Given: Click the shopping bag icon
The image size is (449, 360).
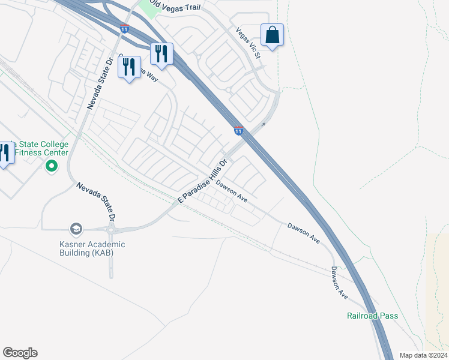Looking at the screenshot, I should click(272, 35).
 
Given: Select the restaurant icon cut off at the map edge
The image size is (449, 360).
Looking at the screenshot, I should click(5, 154).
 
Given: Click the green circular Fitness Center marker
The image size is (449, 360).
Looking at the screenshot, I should click(52, 166).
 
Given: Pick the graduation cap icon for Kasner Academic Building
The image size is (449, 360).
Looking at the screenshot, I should click(76, 229).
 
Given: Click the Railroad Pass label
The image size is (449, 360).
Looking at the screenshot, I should click(372, 316).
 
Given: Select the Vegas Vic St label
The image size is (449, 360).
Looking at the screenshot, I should click(249, 44).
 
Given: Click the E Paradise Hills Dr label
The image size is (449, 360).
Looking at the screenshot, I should click(204, 181).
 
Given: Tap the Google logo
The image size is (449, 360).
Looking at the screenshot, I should click(20, 353).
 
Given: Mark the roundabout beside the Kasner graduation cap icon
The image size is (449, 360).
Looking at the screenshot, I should click(110, 229).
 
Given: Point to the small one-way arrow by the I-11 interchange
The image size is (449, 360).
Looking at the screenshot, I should click(262, 125).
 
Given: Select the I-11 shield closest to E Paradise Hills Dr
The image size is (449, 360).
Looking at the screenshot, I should click(239, 130).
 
